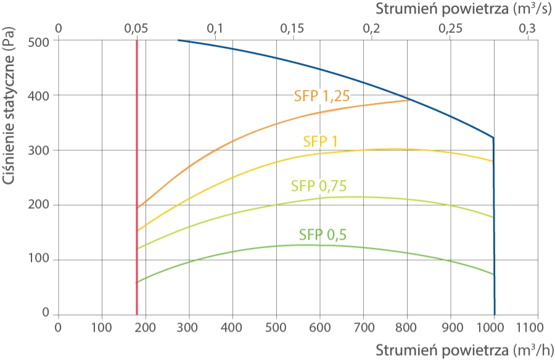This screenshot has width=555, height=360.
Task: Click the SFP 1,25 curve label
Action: (x=322, y=96)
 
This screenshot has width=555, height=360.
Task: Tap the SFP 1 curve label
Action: (x=320, y=142)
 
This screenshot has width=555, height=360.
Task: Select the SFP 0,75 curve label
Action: (x=319, y=186)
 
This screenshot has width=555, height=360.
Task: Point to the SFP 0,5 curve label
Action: (x=323, y=235)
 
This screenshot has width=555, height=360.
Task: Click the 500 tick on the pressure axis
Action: (x=39, y=42)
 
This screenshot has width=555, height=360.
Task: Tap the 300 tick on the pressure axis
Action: (x=39, y=150)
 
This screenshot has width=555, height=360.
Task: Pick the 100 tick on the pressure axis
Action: (x=39, y=259)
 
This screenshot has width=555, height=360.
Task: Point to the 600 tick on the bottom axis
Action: (x=320, y=327)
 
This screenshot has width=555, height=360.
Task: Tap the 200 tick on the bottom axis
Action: (x=145, y=327)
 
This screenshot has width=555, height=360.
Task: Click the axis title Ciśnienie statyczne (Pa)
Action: (x=9, y=105)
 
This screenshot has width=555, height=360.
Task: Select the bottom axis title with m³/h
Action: (x=464, y=350)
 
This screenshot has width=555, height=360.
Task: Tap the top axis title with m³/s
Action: (x=463, y=9)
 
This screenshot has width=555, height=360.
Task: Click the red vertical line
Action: (x=137, y=178)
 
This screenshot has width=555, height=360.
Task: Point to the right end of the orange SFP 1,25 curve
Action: (x=409, y=100)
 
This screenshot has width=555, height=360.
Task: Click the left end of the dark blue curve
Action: (x=178, y=40)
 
